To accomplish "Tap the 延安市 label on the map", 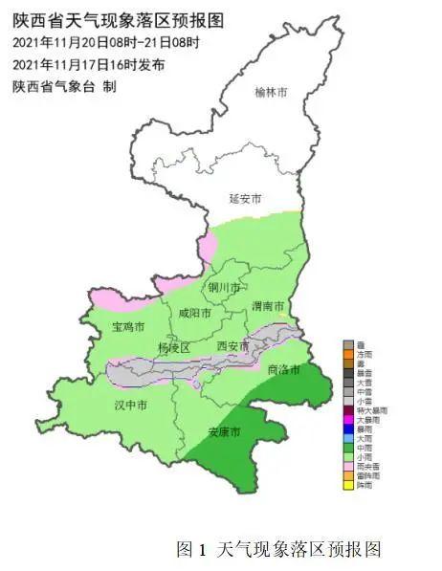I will click(x=245, y=199).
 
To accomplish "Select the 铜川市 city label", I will click(x=224, y=287).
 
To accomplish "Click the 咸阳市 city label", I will click(x=194, y=312).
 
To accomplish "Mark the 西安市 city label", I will click(x=232, y=345).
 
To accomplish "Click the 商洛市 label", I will click(x=284, y=369).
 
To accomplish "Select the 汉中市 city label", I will click(x=130, y=406).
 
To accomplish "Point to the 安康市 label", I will click(x=225, y=432).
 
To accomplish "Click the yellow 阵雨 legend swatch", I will click(x=348, y=485).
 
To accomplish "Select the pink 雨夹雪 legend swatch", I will click(x=348, y=466).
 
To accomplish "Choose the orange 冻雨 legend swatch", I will click(x=348, y=355).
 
